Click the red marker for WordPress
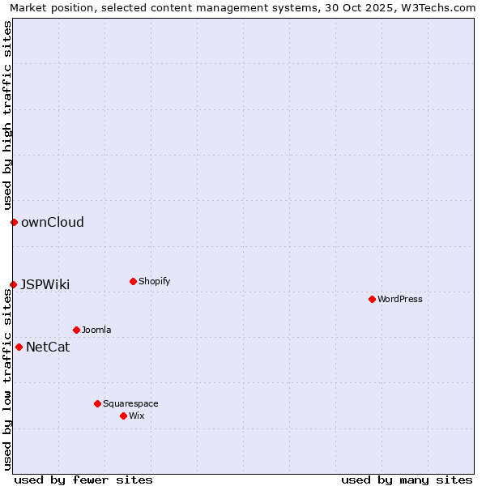click(x=372, y=299)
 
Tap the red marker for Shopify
click(x=133, y=281)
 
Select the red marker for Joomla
click(x=76, y=330)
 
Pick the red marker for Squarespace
click(x=97, y=403)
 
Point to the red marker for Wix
click(x=123, y=416)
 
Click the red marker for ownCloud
click(x=14, y=222)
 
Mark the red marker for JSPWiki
click(x=13, y=284)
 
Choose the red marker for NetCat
click(x=19, y=347)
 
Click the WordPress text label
click(x=400, y=299)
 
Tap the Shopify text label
click(x=155, y=281)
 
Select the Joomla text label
click(x=96, y=330)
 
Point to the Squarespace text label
click(x=130, y=403)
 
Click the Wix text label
click(x=137, y=416)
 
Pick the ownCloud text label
click(x=53, y=222)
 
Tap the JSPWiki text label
click(x=45, y=284)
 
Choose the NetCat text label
click(x=48, y=347)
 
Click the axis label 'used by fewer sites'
click(x=83, y=480)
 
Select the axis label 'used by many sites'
click(x=407, y=480)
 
